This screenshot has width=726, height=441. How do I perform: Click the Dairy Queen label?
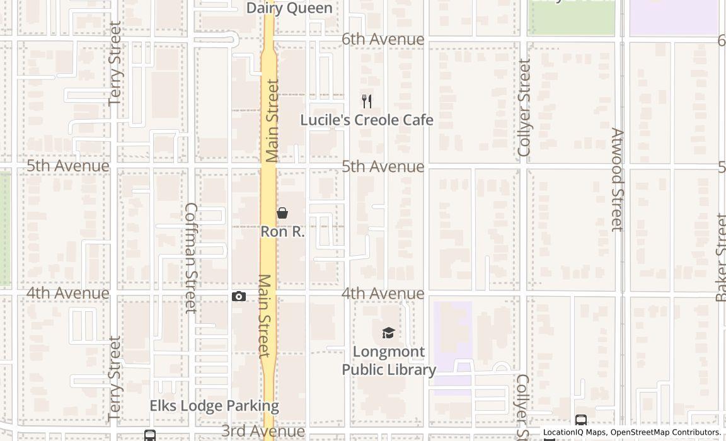pyautogui.click(x=289, y=8)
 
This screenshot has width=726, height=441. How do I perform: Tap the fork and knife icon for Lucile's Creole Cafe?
pyautogui.click(x=367, y=101)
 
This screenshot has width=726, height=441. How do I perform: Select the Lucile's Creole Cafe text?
pyautogui.click(x=367, y=120)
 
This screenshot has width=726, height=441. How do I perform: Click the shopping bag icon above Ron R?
pyautogui.click(x=282, y=214)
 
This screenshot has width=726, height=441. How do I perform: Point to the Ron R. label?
pyautogui.click(x=282, y=231)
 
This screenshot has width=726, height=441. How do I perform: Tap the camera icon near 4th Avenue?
pyautogui.click(x=239, y=296)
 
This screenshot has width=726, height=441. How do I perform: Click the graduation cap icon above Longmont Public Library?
pyautogui.click(x=388, y=333)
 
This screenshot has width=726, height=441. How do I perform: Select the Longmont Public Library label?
pyautogui.click(x=388, y=360)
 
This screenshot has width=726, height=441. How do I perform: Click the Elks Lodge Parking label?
pyautogui.click(x=214, y=406)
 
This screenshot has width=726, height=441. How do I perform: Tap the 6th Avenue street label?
pyautogui.click(x=383, y=39)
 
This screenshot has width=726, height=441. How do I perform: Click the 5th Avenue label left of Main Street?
pyautogui.click(x=68, y=166)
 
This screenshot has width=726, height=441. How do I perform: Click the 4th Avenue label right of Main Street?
pyautogui.click(x=383, y=294)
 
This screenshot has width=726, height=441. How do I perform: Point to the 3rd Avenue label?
pyautogui.click(x=263, y=431)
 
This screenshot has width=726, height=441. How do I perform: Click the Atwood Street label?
pyautogui.click(x=617, y=180)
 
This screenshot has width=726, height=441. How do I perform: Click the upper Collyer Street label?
pyautogui.click(x=524, y=108)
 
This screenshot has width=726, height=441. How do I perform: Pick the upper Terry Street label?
pyautogui.click(x=115, y=63)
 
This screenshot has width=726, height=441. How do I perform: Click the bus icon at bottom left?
pyautogui.click(x=150, y=435)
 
